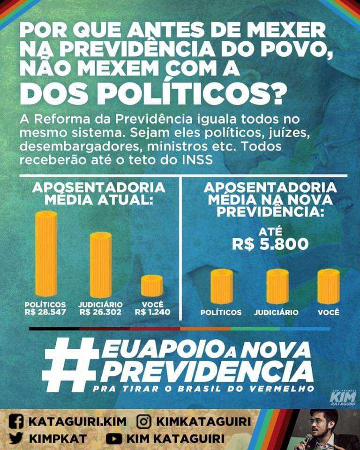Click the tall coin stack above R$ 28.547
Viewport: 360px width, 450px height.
click(x=46, y=253)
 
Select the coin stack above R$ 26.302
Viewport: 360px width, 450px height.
click(x=100, y=264)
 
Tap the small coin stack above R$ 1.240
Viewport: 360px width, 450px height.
click(x=152, y=285)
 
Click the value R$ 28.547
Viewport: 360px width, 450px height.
click(x=45, y=312)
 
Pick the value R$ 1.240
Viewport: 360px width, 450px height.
click(x=152, y=312)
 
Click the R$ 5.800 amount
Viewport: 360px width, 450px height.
click(x=270, y=244)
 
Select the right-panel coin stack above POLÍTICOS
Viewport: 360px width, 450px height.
click(x=221, y=286)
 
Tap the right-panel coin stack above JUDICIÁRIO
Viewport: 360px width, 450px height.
click(x=277, y=286)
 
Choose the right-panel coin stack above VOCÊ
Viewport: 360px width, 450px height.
click(x=328, y=286)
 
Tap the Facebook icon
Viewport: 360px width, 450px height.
click(x=16, y=421)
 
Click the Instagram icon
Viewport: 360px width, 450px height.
click(x=143, y=421)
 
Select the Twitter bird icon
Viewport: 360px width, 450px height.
click(x=16, y=439)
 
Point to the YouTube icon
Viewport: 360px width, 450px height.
click(x=113, y=439)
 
